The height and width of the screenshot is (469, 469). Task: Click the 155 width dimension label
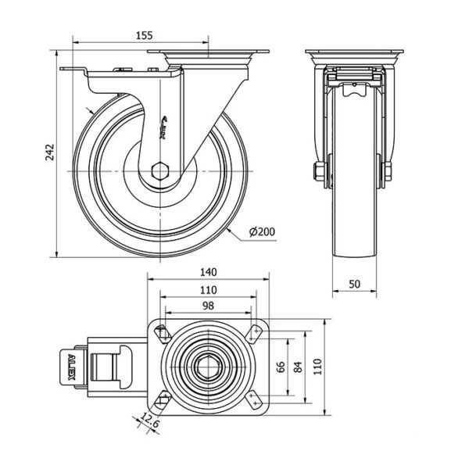pos(142,34)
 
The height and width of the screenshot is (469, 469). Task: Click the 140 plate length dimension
pos(208,273)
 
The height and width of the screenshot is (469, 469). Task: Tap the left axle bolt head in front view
pos(320,171)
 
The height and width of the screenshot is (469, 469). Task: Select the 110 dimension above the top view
pos(208,289)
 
